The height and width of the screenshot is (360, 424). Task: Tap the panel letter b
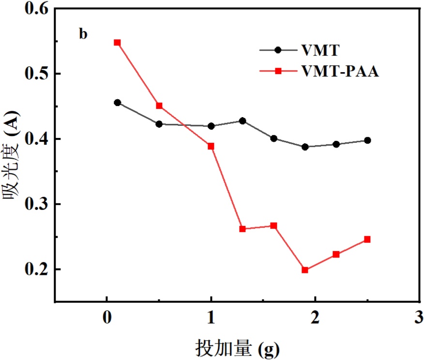(x=84, y=34)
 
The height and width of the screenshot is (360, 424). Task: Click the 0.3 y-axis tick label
(x=38, y=204)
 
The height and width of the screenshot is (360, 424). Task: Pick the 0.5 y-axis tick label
(x=38, y=74)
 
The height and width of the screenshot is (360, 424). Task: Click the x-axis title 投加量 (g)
(x=238, y=348)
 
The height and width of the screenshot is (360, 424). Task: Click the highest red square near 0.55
(x=117, y=43)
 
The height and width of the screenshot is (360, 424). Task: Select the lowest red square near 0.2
(x=305, y=270)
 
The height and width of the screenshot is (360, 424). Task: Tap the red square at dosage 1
(x=211, y=146)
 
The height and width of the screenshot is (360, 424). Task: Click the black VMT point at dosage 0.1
(x=117, y=103)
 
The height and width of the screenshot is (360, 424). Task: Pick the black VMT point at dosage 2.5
(x=367, y=140)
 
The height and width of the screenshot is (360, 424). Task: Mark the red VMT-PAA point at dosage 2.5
(x=367, y=240)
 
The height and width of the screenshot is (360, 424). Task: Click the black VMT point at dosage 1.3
(x=242, y=121)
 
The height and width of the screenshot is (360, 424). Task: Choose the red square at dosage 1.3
(x=242, y=229)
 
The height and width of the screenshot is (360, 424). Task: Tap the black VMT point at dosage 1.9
(x=305, y=147)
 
